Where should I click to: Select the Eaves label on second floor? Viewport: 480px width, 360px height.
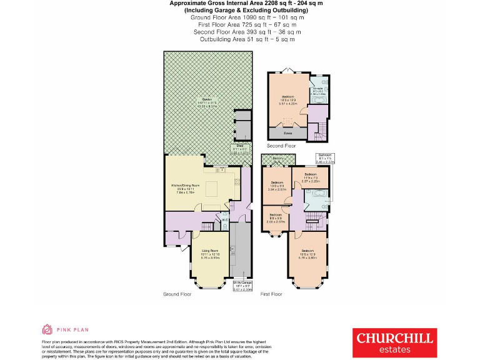coord(287,132)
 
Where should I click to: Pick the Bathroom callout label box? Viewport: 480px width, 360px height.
coord(326,157)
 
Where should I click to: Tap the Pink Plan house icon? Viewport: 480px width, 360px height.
coord(47,329)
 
